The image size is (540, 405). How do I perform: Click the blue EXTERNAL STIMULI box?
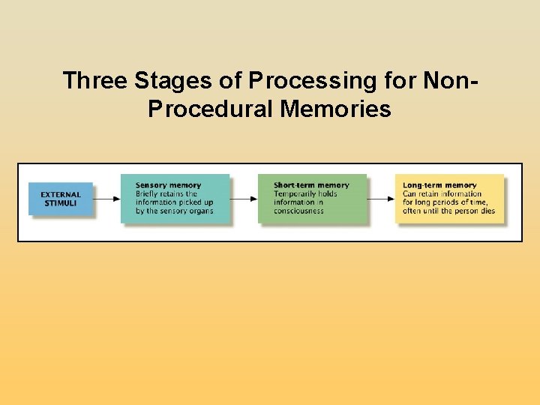[61, 199]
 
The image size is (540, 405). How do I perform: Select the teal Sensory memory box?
[175, 198]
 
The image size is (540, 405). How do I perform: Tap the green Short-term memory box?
[312, 198]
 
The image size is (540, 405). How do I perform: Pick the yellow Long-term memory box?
[449, 198]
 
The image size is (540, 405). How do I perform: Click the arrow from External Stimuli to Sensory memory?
[107, 199]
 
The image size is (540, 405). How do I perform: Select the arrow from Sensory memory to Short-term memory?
[244, 199]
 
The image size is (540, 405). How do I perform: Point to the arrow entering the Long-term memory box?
[381, 199]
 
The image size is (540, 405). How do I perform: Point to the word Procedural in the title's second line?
[211, 109]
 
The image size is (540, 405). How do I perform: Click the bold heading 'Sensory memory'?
[168, 185]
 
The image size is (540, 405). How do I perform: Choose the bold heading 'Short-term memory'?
[311, 185]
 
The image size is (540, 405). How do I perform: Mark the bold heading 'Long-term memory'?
[439, 185]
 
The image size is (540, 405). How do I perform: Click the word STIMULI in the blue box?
[61, 203]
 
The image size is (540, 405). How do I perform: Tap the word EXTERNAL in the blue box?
[61, 195]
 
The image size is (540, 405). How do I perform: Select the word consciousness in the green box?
[298, 211]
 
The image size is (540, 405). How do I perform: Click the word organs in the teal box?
[199, 211]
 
